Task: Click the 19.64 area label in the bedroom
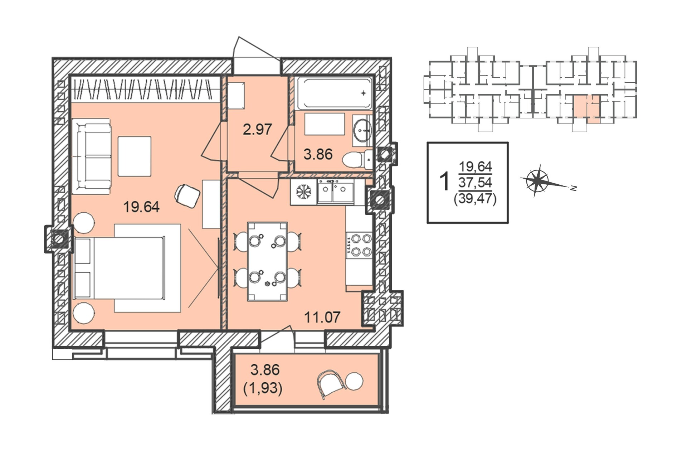[141, 207]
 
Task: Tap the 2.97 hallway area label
[257, 129]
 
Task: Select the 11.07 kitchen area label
[322, 317]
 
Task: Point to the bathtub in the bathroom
[335, 93]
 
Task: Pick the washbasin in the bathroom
[362, 130]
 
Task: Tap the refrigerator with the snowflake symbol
[303, 192]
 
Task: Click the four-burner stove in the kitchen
[360, 245]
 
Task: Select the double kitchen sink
[336, 192]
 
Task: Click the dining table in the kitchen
[267, 261]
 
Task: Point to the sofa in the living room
[91, 156]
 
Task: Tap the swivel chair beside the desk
[187, 196]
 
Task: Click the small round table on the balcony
[355, 381]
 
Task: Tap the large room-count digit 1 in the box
[444, 181]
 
